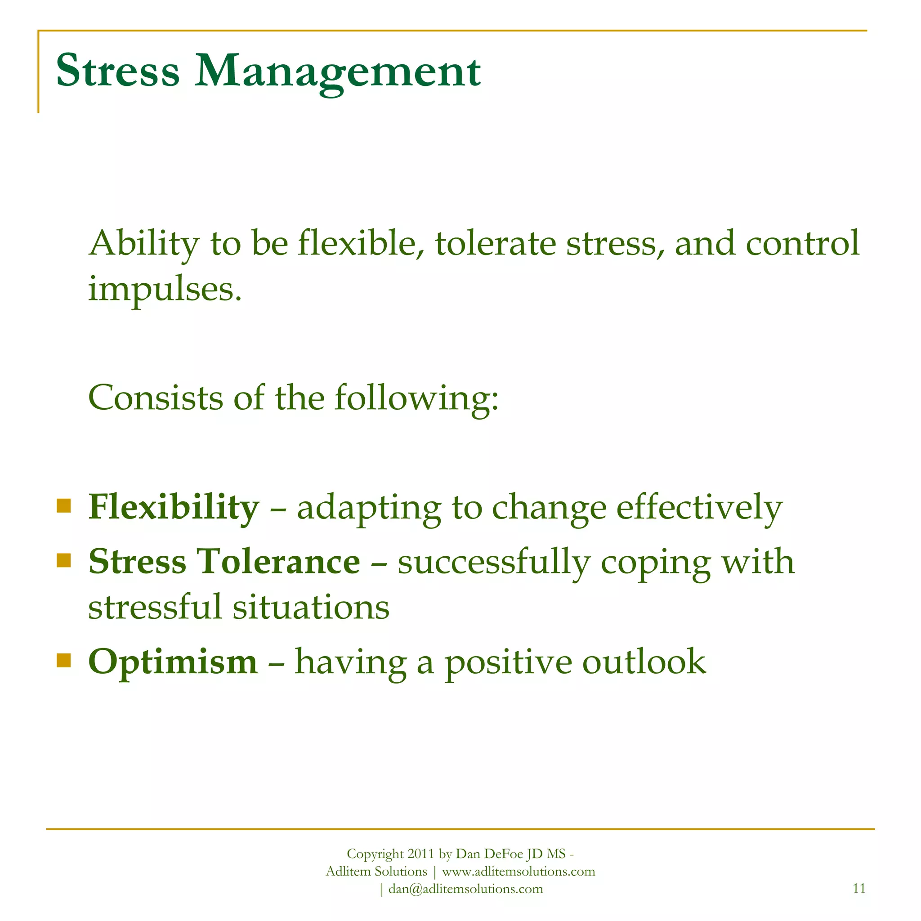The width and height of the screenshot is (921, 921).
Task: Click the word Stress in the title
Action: pos(118,71)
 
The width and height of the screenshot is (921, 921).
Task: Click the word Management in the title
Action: pos(338,72)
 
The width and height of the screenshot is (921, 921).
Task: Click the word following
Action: pos(416,398)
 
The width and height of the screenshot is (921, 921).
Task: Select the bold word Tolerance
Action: pos(278,562)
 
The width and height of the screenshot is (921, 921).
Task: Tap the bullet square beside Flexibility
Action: pos(63,505)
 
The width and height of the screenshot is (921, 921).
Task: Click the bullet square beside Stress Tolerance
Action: pos(63,560)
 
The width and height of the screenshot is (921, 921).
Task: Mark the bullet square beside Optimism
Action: pos(63,660)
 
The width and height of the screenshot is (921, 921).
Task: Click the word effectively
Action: pos(699,507)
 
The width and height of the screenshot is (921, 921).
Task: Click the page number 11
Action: pos(859,888)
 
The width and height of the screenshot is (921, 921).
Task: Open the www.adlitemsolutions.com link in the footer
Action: pos(519,872)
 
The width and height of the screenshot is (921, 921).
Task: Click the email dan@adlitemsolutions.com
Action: pos(465,889)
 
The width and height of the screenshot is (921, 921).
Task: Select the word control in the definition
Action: pos(802,243)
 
